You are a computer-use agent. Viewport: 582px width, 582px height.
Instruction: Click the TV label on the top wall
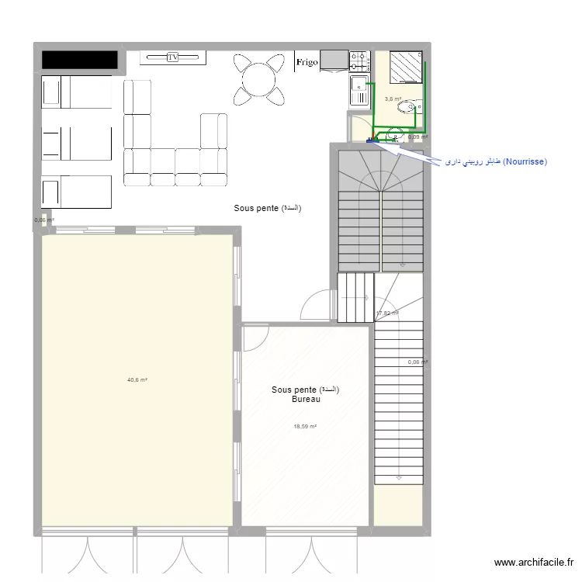(172, 57)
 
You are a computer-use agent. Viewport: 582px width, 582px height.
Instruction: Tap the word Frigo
(306, 63)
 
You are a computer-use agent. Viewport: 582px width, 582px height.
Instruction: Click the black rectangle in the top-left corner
(79, 60)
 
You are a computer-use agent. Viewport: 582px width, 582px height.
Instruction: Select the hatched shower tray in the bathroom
(405, 67)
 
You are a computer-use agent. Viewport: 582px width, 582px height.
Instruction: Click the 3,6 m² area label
(393, 99)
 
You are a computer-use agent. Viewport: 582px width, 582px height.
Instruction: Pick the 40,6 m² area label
(137, 379)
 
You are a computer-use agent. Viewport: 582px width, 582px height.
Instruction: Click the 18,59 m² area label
(305, 426)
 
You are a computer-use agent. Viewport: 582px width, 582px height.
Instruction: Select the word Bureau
(306, 400)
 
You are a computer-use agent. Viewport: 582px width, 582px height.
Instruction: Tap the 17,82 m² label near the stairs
(386, 314)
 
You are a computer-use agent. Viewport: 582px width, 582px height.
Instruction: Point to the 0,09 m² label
(418, 137)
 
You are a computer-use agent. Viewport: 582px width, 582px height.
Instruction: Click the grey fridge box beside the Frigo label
(334, 61)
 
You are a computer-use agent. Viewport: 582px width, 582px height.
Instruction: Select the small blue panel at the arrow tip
(369, 140)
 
